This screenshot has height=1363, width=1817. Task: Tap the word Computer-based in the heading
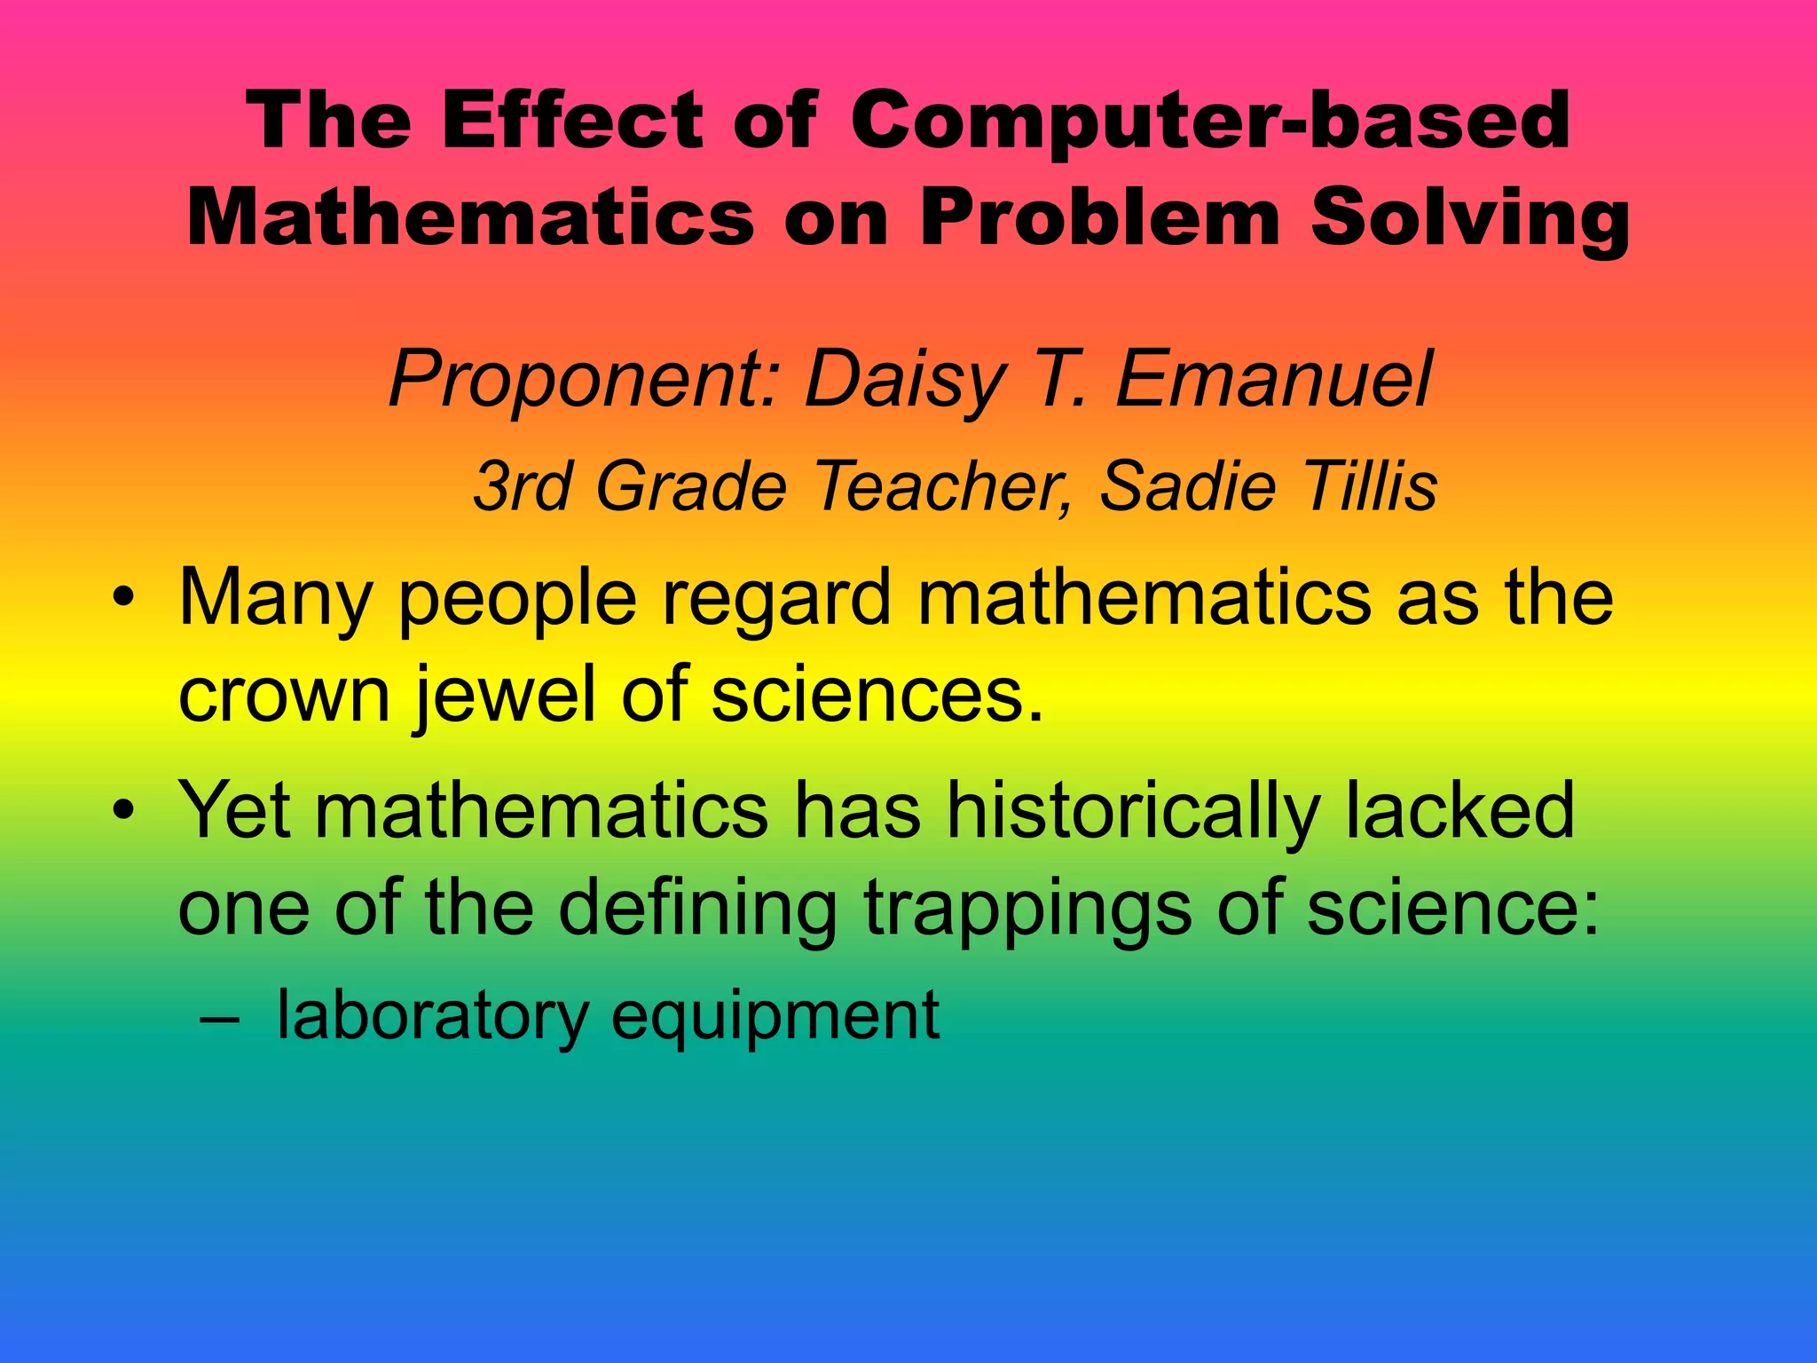click(x=1209, y=122)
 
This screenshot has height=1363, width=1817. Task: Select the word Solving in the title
click(x=1470, y=219)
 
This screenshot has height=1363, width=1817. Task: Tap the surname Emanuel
click(x=1273, y=380)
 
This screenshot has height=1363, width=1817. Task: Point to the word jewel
click(x=505, y=694)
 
